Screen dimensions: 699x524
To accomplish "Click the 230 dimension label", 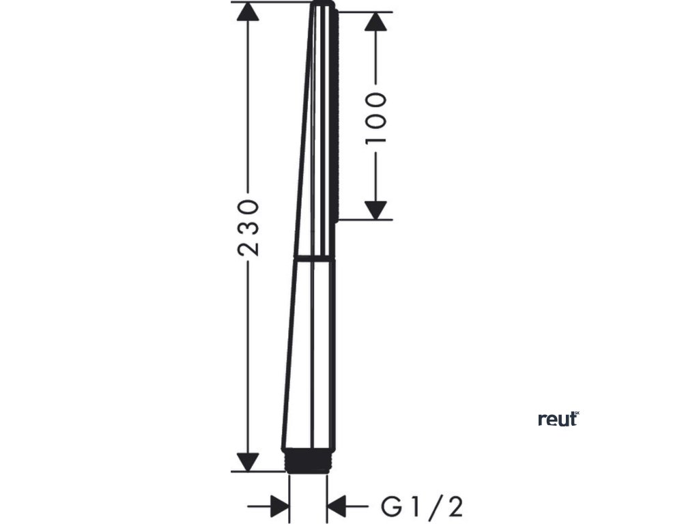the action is click(x=249, y=227).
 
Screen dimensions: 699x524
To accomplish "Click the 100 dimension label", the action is click(x=376, y=117).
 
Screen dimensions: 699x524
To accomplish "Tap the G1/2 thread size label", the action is click(x=422, y=507).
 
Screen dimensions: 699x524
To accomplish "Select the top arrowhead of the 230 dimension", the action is click(x=249, y=14).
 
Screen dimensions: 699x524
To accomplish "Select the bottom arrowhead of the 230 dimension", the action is click(x=249, y=461).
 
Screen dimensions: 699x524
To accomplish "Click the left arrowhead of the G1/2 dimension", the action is click(x=279, y=507).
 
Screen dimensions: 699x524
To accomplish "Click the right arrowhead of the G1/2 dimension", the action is click(x=338, y=507).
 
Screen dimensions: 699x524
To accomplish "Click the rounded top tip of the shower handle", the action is click(x=324, y=5).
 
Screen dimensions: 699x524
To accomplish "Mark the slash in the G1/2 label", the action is click(x=436, y=507).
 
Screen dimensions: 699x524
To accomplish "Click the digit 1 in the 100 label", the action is click(x=376, y=136).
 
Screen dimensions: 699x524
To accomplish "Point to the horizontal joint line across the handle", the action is click(x=315, y=259).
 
